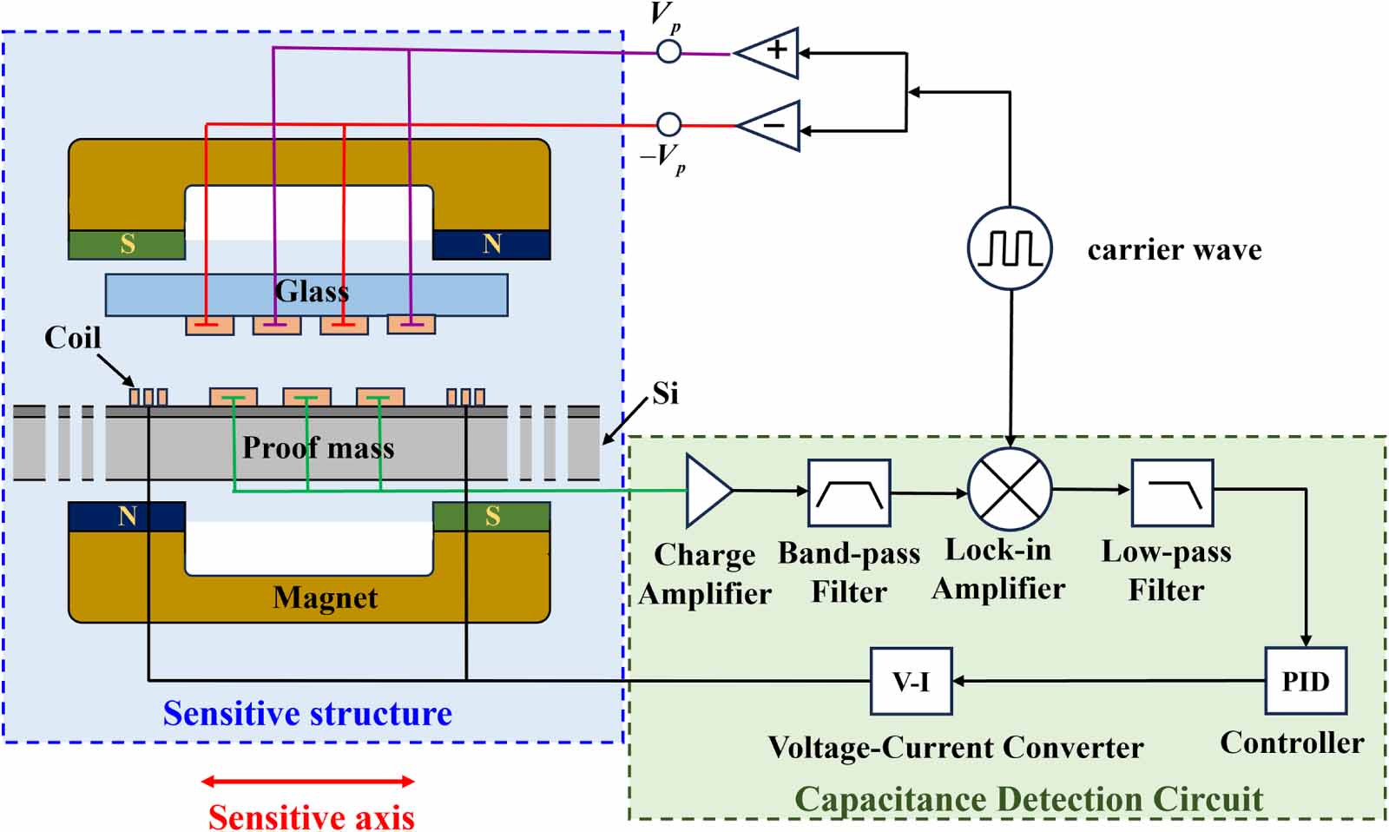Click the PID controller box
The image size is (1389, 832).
[x=1306, y=681]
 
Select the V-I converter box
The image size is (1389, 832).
[x=911, y=681]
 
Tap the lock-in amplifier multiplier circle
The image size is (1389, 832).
[x=1010, y=490]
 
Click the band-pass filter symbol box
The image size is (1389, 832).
[x=849, y=492]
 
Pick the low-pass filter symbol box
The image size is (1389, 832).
[x=1172, y=492]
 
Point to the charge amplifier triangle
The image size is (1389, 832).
[x=706, y=491]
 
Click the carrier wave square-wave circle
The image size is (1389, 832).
[x=1010, y=248]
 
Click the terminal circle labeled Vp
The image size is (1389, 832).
[x=668, y=51]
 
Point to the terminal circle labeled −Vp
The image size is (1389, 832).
[x=668, y=124]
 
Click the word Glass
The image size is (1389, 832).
[x=312, y=291]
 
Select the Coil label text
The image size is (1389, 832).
[x=73, y=338]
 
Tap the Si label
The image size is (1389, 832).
[x=665, y=393]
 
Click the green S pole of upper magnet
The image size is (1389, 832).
[x=127, y=244]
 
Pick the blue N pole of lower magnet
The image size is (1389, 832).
[x=127, y=517]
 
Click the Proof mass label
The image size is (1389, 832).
[x=318, y=447]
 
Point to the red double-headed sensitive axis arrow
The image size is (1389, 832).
[x=308, y=782]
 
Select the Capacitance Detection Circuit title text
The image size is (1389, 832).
[x=1028, y=799]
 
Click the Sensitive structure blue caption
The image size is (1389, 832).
[x=307, y=713]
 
